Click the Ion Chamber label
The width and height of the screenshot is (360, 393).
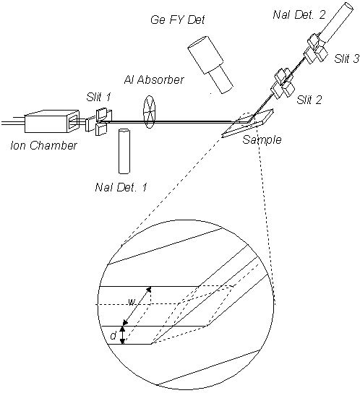coord(43,145)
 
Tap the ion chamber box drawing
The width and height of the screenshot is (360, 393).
coord(52,121)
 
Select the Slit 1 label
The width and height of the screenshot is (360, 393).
coord(98,97)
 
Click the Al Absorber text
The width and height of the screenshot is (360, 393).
coord(154,79)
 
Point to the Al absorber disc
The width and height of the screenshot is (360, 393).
coord(149,112)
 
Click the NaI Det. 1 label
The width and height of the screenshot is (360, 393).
coord(121,187)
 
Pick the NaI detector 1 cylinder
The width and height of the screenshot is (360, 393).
coord(124,151)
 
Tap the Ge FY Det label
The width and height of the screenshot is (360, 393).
coord(178,20)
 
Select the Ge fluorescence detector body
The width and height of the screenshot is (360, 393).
coord(210,64)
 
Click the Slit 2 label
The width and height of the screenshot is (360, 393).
coord(309,100)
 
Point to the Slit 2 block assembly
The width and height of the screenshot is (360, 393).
coord(282,83)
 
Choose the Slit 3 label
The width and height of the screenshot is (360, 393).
coord(346,59)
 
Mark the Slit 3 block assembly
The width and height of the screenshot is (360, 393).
coord(316,48)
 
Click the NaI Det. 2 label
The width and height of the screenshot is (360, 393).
coord(299,14)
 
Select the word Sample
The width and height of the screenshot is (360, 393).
coord(262,139)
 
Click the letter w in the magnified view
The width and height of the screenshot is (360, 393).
coord(131,303)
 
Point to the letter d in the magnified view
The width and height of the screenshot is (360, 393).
coord(113,335)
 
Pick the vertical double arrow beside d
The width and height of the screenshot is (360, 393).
coord(122,335)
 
